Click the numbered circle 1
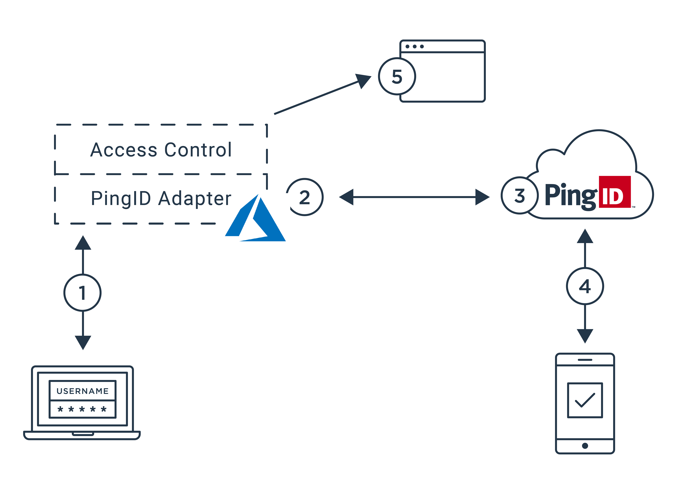[x=83, y=293]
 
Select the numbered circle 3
[x=520, y=195]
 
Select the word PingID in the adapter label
[x=121, y=198]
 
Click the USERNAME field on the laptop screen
[x=83, y=391]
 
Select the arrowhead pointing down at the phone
[x=585, y=336]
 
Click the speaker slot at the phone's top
[x=585, y=359]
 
